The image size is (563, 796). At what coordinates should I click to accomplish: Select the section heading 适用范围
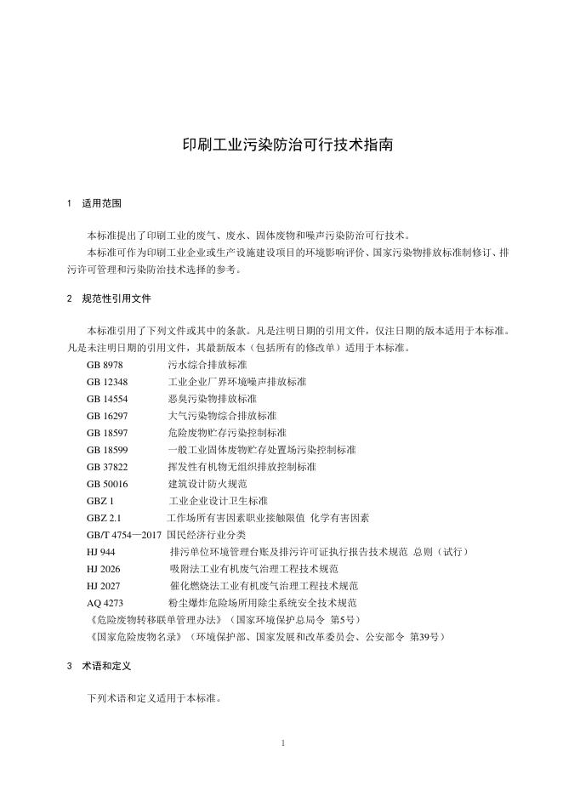click(x=102, y=204)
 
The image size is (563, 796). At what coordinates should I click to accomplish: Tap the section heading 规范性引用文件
click(x=117, y=299)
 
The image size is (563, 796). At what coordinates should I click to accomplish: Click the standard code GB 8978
click(x=105, y=364)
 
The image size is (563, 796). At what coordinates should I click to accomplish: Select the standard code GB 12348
click(x=107, y=381)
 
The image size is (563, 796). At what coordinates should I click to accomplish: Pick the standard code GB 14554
click(x=107, y=398)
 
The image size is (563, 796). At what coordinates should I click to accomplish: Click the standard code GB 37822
click(x=107, y=466)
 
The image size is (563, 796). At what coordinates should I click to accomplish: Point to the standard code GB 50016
click(x=107, y=483)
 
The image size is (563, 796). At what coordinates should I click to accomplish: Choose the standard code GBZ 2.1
click(x=105, y=517)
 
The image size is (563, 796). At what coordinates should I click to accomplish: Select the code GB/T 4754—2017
click(x=124, y=535)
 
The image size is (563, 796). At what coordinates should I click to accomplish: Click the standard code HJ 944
click(x=100, y=552)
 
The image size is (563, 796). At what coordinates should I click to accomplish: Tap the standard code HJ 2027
click(x=103, y=586)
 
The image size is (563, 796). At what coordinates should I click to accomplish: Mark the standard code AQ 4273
click(x=105, y=603)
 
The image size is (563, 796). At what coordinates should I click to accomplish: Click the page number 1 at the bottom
click(x=281, y=743)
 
